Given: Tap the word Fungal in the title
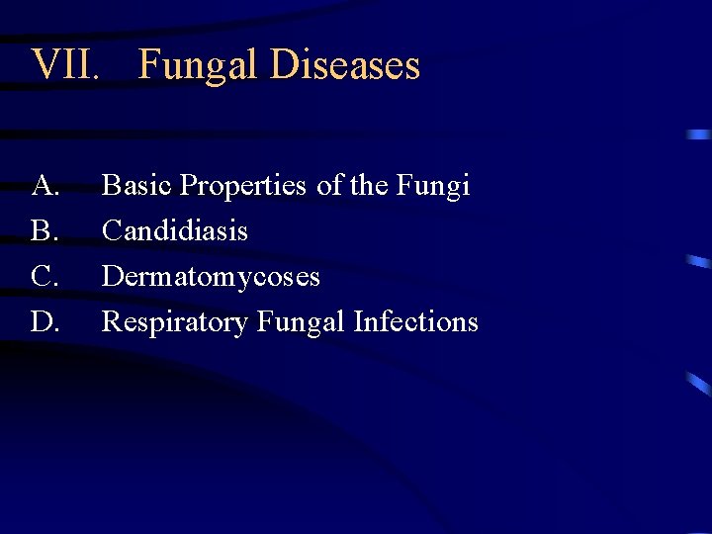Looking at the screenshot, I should [x=197, y=65].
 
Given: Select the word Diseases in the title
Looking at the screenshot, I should [x=345, y=65].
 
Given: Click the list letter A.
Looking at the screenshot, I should [x=44, y=185].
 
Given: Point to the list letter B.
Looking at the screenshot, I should [x=44, y=230].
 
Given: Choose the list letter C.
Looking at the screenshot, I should [x=44, y=276].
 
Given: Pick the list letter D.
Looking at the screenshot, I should [x=44, y=321].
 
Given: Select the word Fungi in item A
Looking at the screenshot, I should [x=436, y=185].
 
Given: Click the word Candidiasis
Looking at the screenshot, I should [x=175, y=230].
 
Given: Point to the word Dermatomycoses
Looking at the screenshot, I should [x=211, y=276].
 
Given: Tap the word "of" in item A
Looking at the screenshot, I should [x=329, y=185].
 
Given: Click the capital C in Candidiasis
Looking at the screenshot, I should [x=111, y=230].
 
